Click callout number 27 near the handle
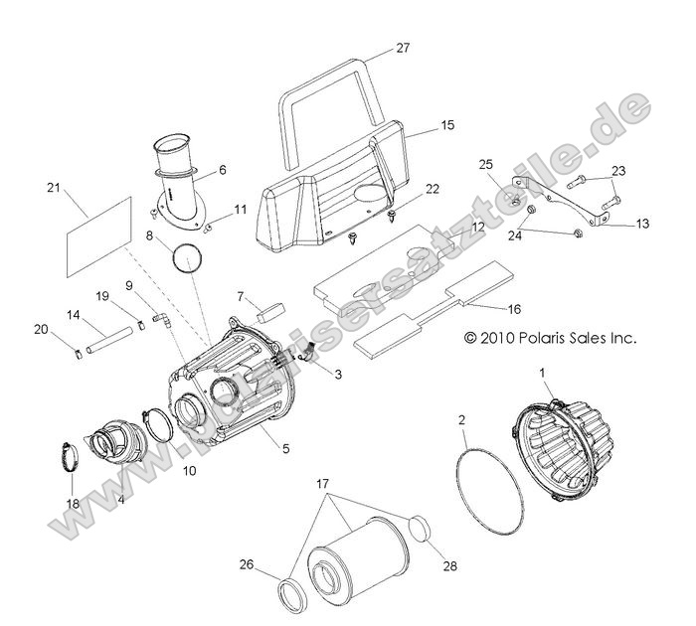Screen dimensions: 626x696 pyautogui.click(x=402, y=48)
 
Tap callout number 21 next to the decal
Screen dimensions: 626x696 pyautogui.click(x=54, y=187)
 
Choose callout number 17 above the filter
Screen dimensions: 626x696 pyautogui.click(x=321, y=483)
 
